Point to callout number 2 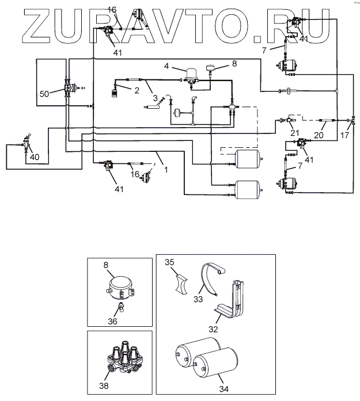click(x=137, y=90)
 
